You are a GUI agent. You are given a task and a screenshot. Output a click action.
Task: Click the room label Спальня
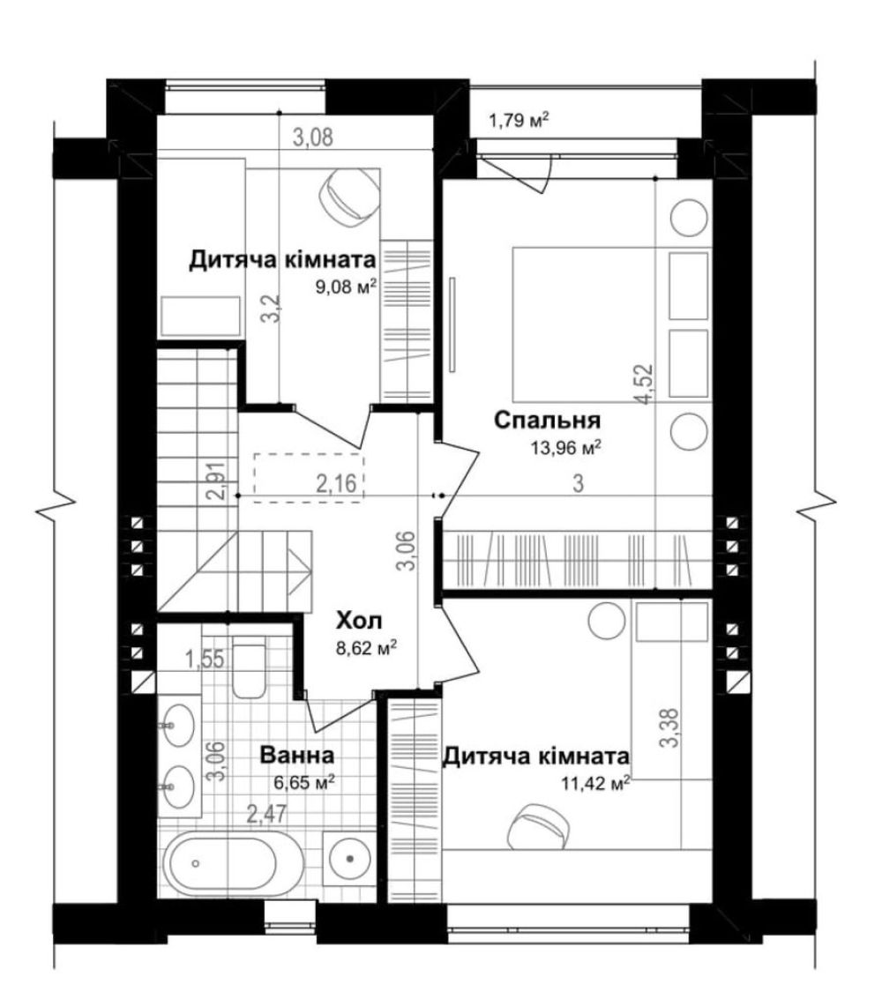coord(548,421)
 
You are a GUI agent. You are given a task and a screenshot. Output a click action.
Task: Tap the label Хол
coord(360,620)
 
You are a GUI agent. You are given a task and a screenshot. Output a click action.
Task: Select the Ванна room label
coord(297,756)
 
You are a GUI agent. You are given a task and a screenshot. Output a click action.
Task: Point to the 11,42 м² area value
coord(596,782)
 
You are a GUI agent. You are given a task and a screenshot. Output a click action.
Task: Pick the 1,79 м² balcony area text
coord(519,120)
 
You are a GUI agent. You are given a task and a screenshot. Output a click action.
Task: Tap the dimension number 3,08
coord(312,137)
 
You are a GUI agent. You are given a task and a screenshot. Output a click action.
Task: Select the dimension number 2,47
coord(266,814)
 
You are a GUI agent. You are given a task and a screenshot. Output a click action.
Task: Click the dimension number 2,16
coord(337,483)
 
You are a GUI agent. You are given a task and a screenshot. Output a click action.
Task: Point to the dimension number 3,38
coord(670,729)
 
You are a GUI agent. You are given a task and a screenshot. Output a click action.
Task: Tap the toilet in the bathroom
coord(250,670)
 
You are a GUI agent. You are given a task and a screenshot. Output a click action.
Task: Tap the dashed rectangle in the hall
coord(309,476)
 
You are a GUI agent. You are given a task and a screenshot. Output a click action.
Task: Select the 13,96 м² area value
coord(566,448)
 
